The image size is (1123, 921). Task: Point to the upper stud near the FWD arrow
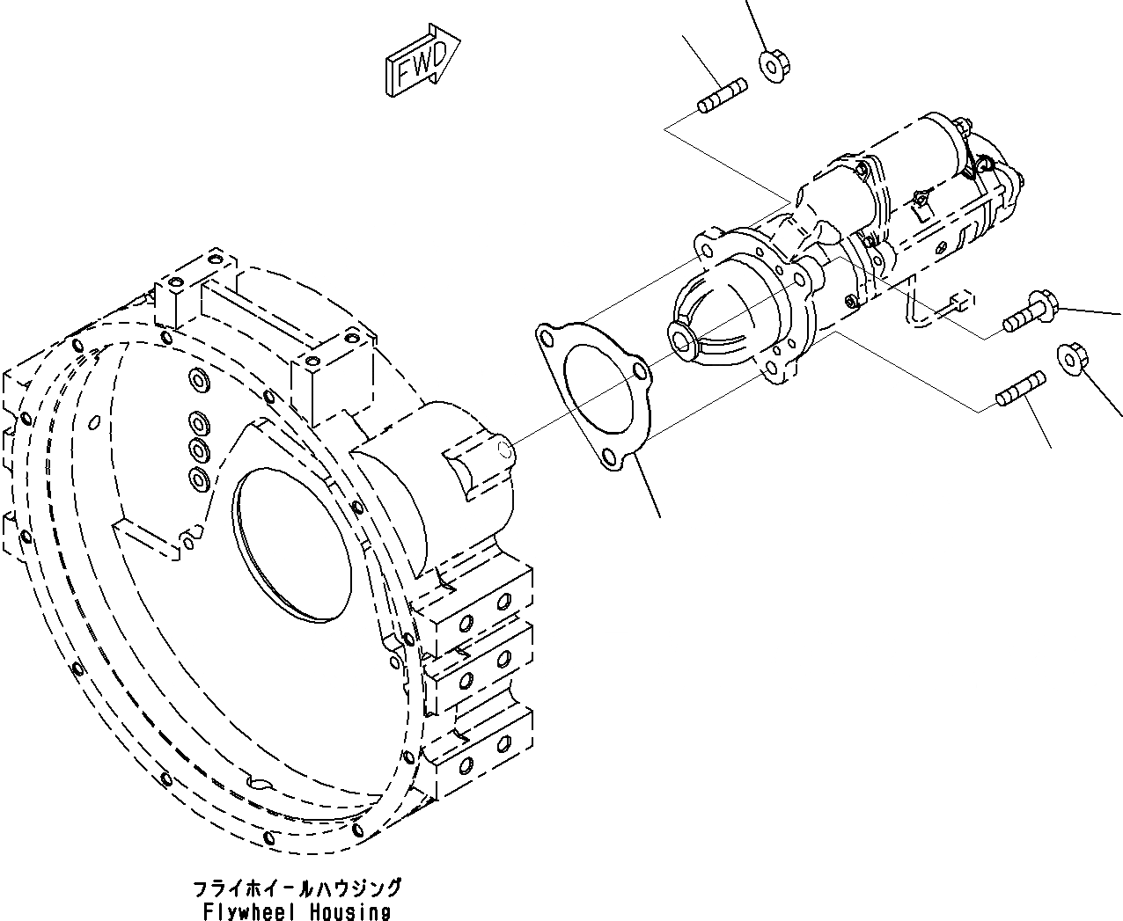point(723,96)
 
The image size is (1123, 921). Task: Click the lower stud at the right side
point(1020,391)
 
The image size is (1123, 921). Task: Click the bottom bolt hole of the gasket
point(608,457)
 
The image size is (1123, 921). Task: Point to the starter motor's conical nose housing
point(717,308)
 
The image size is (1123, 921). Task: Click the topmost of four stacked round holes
point(196,380)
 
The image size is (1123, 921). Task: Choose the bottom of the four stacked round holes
point(197,479)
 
